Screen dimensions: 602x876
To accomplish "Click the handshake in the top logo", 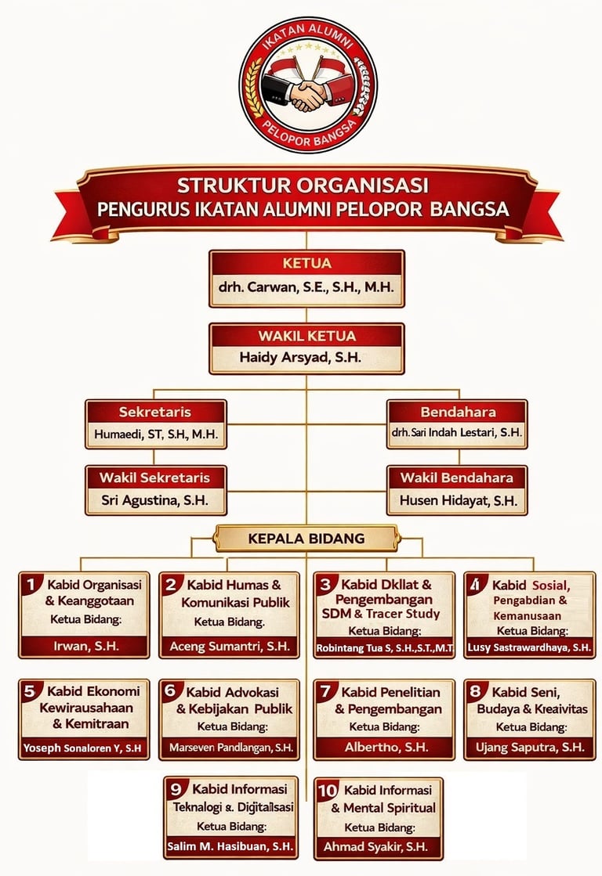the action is [x=307, y=93].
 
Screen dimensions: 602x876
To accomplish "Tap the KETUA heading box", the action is [x=306, y=263].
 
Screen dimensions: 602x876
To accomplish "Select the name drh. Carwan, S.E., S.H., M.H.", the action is [x=306, y=287].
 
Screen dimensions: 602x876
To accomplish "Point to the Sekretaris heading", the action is [x=155, y=412].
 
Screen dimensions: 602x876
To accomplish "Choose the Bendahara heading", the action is [x=458, y=412].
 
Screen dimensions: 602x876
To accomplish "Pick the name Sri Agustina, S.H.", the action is [x=154, y=501].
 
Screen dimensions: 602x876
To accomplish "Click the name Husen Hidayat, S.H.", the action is [x=458, y=501].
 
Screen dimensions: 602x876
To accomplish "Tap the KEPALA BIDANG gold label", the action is [x=306, y=539].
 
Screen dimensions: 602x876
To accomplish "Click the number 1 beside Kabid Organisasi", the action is [x=31, y=584].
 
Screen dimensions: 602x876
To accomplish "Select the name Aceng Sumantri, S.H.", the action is [x=230, y=647].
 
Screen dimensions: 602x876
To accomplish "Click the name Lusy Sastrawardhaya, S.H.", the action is [x=529, y=647].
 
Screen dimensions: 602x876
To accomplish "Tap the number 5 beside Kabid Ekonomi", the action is [x=31, y=691].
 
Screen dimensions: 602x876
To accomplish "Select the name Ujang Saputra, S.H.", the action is [x=530, y=748].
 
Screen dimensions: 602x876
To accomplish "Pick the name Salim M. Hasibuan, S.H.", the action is [x=230, y=847].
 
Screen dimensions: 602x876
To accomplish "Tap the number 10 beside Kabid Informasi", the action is [x=327, y=790].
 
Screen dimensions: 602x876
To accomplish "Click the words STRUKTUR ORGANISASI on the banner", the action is [x=302, y=186].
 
